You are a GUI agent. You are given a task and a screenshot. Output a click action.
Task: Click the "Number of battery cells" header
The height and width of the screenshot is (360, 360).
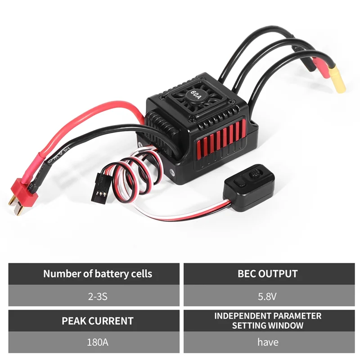pyautogui.click(x=98, y=274)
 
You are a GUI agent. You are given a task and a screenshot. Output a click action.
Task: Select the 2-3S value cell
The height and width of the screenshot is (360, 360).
pyautogui.click(x=98, y=296)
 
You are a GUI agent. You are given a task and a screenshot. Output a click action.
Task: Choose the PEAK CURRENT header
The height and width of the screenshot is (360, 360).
pyautogui.click(x=98, y=321)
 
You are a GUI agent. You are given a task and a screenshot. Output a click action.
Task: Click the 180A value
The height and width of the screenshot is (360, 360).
pyautogui.click(x=98, y=342)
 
